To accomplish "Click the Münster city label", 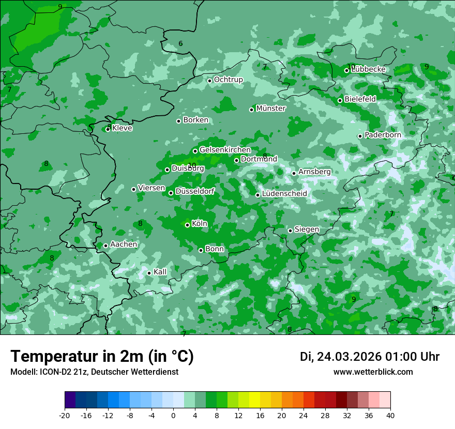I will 271,109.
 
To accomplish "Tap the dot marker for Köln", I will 188,225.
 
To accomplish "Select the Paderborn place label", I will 383,135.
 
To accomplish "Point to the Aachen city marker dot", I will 105,246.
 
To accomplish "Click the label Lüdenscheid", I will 284,194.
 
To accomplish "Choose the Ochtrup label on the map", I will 229,80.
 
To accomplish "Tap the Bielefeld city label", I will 360,99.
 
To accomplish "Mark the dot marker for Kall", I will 149,273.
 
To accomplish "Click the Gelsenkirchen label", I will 225,150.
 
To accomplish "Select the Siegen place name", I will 307,229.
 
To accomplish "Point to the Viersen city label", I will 151,188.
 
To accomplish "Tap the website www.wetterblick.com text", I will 373,372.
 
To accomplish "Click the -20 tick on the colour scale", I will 65,416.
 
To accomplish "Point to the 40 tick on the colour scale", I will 390,416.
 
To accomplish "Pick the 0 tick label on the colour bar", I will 173,416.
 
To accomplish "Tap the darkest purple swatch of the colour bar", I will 70,401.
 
